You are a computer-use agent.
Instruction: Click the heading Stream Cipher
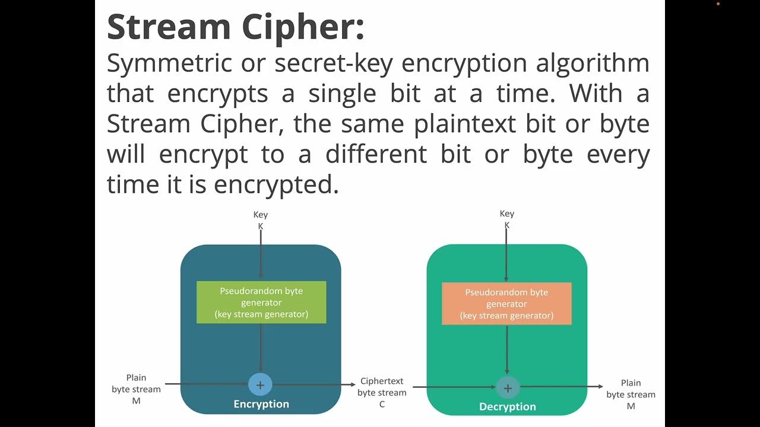(x=235, y=27)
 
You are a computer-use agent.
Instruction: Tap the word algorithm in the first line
(x=592, y=63)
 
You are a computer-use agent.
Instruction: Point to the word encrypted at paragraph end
(x=275, y=185)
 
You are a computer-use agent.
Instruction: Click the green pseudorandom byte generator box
(x=261, y=302)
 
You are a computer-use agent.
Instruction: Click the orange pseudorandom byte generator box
(x=506, y=304)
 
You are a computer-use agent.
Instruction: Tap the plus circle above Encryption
(x=260, y=385)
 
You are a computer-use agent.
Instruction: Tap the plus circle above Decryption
(x=508, y=388)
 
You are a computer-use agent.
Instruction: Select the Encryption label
(x=261, y=404)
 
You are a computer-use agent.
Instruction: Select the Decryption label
(x=508, y=407)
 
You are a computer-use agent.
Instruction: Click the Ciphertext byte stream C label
(x=382, y=393)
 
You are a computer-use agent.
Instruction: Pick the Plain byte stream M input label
(x=136, y=389)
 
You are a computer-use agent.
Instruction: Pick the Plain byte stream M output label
(x=631, y=394)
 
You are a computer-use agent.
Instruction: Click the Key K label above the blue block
(x=260, y=220)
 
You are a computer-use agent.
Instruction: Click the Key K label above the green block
(x=507, y=219)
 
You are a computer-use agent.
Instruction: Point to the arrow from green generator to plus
(x=261, y=349)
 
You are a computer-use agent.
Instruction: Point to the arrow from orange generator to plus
(x=507, y=350)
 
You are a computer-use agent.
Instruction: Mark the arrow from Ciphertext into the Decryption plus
(x=454, y=387)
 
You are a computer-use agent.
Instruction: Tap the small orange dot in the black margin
(x=718, y=4)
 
